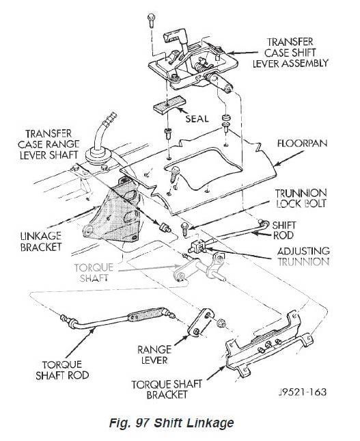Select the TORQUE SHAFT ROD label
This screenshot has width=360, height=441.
(61, 369)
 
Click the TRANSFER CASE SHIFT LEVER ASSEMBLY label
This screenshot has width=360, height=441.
(296, 51)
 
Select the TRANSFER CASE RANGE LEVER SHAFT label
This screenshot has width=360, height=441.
(52, 144)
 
